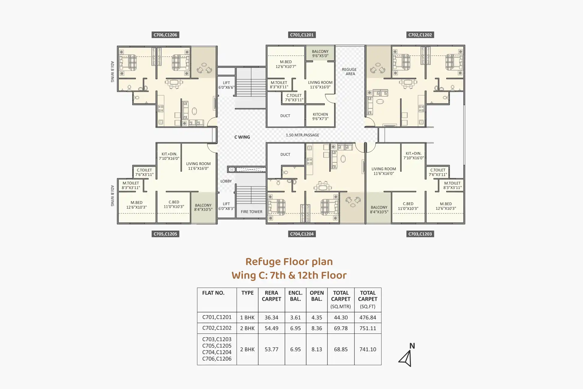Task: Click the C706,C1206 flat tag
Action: point(165,35)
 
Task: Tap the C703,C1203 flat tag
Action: point(420,234)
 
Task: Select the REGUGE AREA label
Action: point(349,71)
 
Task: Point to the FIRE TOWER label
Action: point(251,212)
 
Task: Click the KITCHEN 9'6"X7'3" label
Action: point(320,116)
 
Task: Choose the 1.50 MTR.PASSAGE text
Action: point(302,135)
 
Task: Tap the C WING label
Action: point(242,137)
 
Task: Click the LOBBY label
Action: point(226,181)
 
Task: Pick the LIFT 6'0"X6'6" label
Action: point(226,85)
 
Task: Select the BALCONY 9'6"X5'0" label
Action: point(320,53)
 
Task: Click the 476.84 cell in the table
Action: point(368,318)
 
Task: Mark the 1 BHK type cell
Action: point(247,318)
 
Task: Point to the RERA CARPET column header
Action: point(271,296)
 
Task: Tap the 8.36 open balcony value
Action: point(317,328)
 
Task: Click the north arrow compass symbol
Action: point(406,357)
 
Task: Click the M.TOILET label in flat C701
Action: point(279,85)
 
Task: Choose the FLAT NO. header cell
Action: point(213,293)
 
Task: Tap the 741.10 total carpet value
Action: point(368,349)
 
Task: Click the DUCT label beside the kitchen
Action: point(285,116)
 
